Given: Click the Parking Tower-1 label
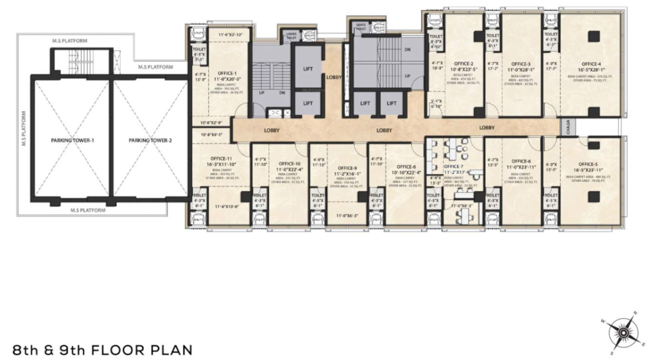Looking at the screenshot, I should click(x=72, y=140).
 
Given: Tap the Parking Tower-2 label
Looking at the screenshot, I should click(x=150, y=140).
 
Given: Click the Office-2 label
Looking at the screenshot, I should click(x=463, y=63).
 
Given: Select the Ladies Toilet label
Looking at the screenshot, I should click(x=291, y=35).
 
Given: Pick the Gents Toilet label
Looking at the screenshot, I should click(x=361, y=26).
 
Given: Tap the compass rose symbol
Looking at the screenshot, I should click(x=623, y=332).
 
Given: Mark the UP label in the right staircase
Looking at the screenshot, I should click(x=407, y=76).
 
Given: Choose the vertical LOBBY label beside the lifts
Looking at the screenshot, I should click(x=334, y=77).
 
